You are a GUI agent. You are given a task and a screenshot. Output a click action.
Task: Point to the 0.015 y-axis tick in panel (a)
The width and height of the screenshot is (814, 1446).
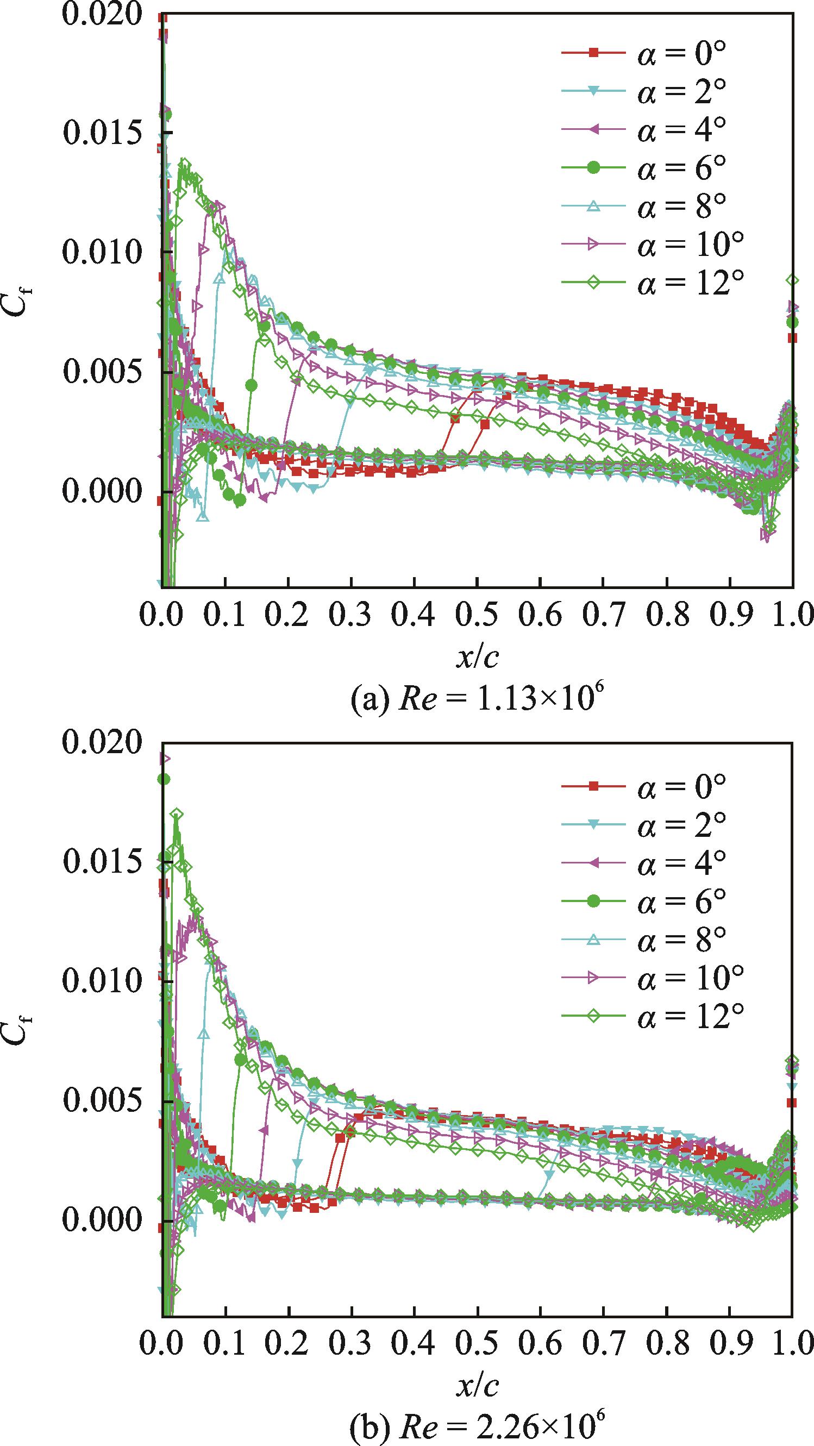click(x=102, y=133)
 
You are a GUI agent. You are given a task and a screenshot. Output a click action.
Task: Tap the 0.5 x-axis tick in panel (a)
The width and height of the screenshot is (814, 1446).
click(x=477, y=615)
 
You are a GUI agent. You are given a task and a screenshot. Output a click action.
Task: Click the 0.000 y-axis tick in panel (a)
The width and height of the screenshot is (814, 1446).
click(x=102, y=492)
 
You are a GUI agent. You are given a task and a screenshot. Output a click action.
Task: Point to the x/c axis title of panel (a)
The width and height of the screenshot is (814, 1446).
click(x=477, y=657)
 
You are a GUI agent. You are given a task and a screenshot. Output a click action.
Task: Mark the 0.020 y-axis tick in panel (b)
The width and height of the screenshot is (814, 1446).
click(x=102, y=742)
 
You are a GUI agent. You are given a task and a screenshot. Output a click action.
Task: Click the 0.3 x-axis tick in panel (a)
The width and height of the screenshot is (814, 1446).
click(x=351, y=615)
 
